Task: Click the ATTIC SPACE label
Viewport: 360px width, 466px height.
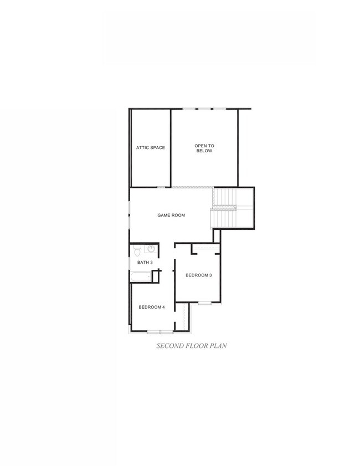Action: pos(151,147)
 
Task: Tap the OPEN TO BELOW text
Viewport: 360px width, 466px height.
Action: pos(204,148)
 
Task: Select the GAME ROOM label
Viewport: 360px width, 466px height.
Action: pos(171,215)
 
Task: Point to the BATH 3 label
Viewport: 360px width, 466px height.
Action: pos(145,262)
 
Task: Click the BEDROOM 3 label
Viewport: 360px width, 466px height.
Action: pos(199,275)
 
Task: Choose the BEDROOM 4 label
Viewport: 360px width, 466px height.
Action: pos(152,307)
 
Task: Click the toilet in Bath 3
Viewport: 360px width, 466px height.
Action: pos(137,249)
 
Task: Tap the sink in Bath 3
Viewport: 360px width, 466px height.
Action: pos(150,249)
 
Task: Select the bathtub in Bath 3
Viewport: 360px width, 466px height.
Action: pos(141,276)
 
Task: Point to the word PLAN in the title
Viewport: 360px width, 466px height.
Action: pos(218,346)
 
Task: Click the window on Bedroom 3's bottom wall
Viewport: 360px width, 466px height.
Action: pos(205,303)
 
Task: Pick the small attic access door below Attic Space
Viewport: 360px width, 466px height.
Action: pos(161,187)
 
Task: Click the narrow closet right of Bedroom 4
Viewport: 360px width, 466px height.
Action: pos(186,318)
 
